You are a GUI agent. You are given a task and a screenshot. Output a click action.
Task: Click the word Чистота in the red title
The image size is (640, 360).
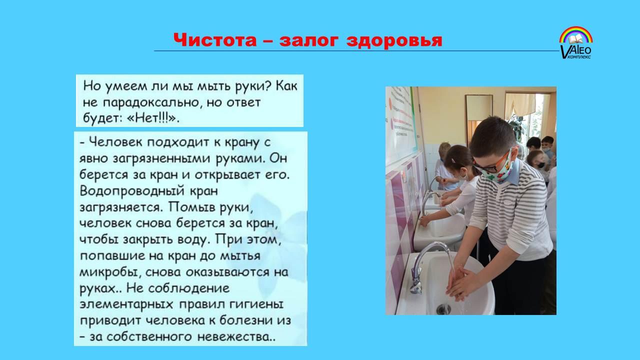tap(215, 39)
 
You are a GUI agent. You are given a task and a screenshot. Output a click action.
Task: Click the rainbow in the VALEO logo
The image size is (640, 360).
tap(576, 35)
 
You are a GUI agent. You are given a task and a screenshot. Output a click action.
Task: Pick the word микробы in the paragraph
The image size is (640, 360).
tap(110, 272)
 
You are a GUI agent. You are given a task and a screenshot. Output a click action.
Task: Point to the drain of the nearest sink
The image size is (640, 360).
tap(443, 309)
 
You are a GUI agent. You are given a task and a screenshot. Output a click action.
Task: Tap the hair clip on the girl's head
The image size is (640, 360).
tap(453, 161)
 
